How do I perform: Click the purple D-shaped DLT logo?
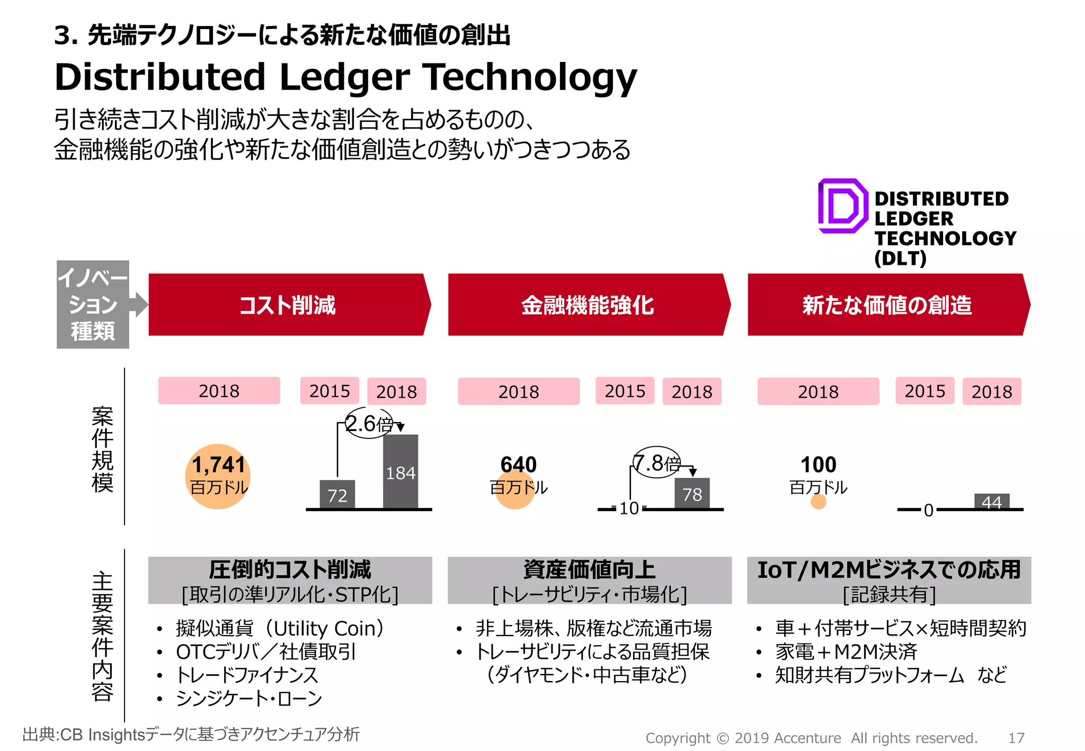click(842, 206)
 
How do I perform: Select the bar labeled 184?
click(401, 471)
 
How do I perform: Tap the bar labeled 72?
click(337, 495)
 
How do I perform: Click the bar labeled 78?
click(692, 494)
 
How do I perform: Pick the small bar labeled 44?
click(992, 501)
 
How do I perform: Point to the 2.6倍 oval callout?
click(369, 423)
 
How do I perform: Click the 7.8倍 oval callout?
click(657, 463)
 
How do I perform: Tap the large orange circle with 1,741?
click(218, 476)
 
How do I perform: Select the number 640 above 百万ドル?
click(519, 464)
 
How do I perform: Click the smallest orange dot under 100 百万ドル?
click(819, 502)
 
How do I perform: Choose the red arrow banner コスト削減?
click(288, 305)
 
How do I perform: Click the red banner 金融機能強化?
click(587, 305)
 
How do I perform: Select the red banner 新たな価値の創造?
click(887, 305)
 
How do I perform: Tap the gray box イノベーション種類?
click(93, 305)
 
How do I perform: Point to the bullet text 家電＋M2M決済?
click(846, 651)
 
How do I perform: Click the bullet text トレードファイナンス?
click(247, 675)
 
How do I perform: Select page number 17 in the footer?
click(1016, 738)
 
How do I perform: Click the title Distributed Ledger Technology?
click(345, 77)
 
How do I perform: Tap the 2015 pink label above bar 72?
click(330, 391)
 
